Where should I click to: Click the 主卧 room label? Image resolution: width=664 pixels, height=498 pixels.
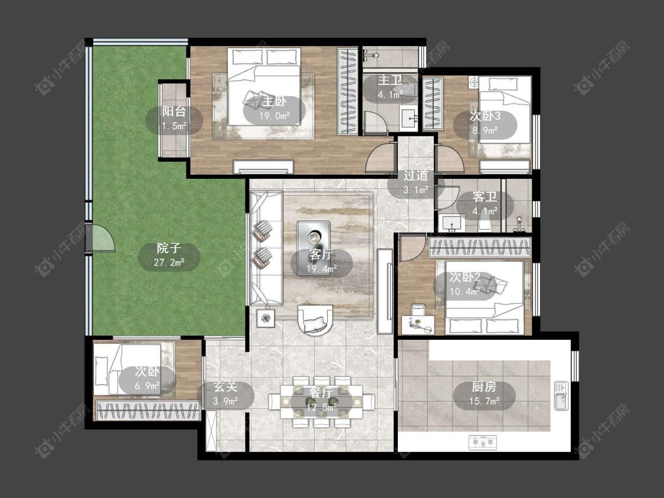274,101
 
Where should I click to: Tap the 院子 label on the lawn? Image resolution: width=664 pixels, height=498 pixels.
169,248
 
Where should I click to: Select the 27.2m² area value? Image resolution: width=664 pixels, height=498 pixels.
169,263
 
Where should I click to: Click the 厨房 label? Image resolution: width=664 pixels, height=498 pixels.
484,386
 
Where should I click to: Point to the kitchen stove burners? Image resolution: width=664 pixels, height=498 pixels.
482,443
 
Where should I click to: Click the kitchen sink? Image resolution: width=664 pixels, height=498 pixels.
561,395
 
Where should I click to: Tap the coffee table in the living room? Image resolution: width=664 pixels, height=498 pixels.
313,248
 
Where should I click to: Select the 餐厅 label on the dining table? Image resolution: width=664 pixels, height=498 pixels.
321,393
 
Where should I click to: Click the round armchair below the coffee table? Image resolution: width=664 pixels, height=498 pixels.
315,320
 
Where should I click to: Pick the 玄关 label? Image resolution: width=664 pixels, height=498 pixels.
225,386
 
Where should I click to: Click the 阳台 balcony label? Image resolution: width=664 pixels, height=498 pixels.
174,112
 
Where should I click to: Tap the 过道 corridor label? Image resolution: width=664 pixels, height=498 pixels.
416,175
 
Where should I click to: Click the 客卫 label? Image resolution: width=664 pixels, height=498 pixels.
485,197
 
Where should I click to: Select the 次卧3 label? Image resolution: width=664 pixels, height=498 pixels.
485,116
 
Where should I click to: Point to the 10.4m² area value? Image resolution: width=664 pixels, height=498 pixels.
465,291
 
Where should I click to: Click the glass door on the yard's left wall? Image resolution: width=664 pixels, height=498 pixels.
100,238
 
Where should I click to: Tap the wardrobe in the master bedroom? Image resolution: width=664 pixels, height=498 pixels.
348,91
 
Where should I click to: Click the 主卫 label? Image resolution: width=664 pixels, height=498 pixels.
390,80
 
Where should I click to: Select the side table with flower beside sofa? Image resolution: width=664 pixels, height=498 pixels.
266,318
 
